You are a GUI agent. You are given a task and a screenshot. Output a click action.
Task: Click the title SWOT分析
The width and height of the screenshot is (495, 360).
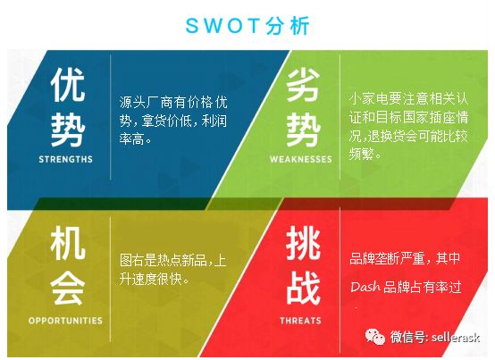[247, 25]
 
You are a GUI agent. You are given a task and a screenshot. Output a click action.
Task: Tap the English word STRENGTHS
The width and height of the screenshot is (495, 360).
[65, 159]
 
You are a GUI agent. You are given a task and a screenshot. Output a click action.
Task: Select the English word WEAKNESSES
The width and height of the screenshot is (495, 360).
[301, 159]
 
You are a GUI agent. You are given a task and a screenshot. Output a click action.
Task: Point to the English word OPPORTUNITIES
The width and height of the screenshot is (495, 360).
[65, 321]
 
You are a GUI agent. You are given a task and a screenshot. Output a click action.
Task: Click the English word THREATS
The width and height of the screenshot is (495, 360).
[300, 321]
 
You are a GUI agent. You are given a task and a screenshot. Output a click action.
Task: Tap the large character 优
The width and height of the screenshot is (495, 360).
[68, 85]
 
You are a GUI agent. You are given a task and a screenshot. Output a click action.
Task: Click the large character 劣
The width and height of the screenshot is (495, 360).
[303, 85]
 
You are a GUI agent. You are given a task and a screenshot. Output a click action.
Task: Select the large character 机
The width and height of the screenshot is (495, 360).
[68, 243]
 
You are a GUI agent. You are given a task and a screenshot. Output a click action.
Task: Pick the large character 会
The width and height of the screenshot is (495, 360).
[68, 288]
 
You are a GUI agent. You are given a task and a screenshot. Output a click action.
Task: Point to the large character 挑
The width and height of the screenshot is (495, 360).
[303, 243]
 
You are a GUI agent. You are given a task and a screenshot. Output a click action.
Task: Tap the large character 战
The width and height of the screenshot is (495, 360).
[303, 288]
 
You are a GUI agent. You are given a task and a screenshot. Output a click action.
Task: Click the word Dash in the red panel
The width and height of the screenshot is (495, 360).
[365, 287]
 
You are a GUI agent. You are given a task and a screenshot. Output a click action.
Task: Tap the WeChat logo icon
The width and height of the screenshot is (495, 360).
[375, 337]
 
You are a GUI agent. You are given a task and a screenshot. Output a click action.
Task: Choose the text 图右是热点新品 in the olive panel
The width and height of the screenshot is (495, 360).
[164, 261]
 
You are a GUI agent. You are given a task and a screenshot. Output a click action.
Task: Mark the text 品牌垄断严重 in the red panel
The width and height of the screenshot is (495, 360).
[387, 258]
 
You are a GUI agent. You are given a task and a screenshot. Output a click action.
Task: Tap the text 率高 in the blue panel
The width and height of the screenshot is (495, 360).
[132, 138]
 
